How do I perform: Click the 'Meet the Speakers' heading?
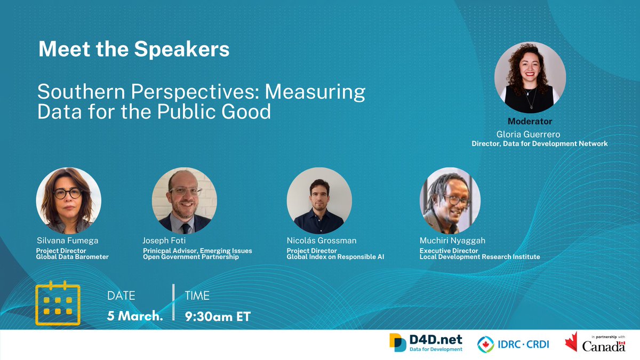pos(134,50)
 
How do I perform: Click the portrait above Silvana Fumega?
pos(68,200)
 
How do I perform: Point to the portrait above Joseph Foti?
pos(185,200)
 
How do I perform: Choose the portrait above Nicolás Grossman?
pos(319,200)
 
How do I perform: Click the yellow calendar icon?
pos(58,303)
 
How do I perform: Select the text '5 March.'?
pos(135,316)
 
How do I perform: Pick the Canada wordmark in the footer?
pos(603,347)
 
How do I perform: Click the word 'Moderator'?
pos(530,122)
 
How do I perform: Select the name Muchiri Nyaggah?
pos(453,241)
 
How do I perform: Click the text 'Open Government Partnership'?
pos(190,257)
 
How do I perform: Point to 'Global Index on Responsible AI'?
pos(335,257)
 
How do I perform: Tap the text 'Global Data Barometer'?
pos(73,257)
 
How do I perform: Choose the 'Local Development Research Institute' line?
pos(479,257)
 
